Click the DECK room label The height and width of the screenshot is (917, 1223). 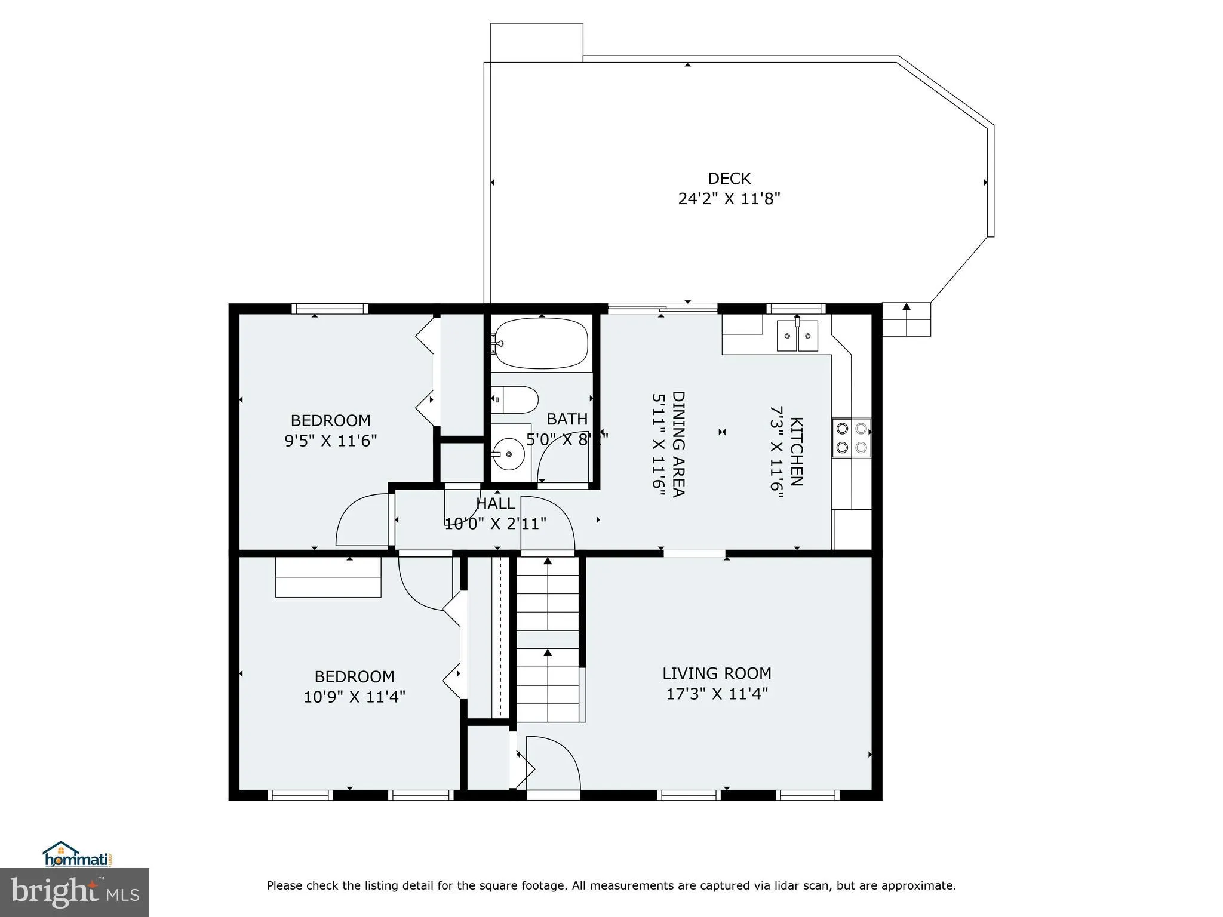(729, 179)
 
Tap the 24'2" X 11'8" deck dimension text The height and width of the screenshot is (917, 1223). (729, 199)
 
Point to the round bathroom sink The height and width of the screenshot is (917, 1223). (509, 454)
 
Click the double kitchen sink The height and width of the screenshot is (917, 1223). (797, 336)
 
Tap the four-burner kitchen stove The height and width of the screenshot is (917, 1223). (851, 438)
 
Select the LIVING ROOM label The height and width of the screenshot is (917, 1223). (717, 673)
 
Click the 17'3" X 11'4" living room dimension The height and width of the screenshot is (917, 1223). (717, 694)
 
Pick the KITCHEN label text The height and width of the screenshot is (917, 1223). (796, 452)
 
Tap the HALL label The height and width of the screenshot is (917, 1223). (495, 504)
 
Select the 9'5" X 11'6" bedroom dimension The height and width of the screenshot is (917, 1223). (330, 441)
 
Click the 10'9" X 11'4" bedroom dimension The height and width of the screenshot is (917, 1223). (354, 697)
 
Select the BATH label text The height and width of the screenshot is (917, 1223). (567, 419)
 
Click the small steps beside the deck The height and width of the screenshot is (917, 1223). (906, 320)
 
